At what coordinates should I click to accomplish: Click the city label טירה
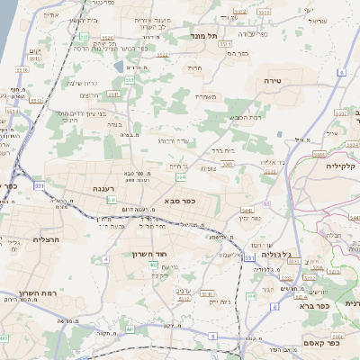pyautogui.click(x=274, y=80)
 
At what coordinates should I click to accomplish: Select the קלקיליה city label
pyautogui.click(x=343, y=166)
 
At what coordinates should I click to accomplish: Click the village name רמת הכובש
pyautogui.click(x=244, y=118)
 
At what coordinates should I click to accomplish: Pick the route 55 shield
pyautogui.click(x=267, y=205)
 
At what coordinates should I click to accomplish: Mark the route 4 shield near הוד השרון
pyautogui.click(x=105, y=259)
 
